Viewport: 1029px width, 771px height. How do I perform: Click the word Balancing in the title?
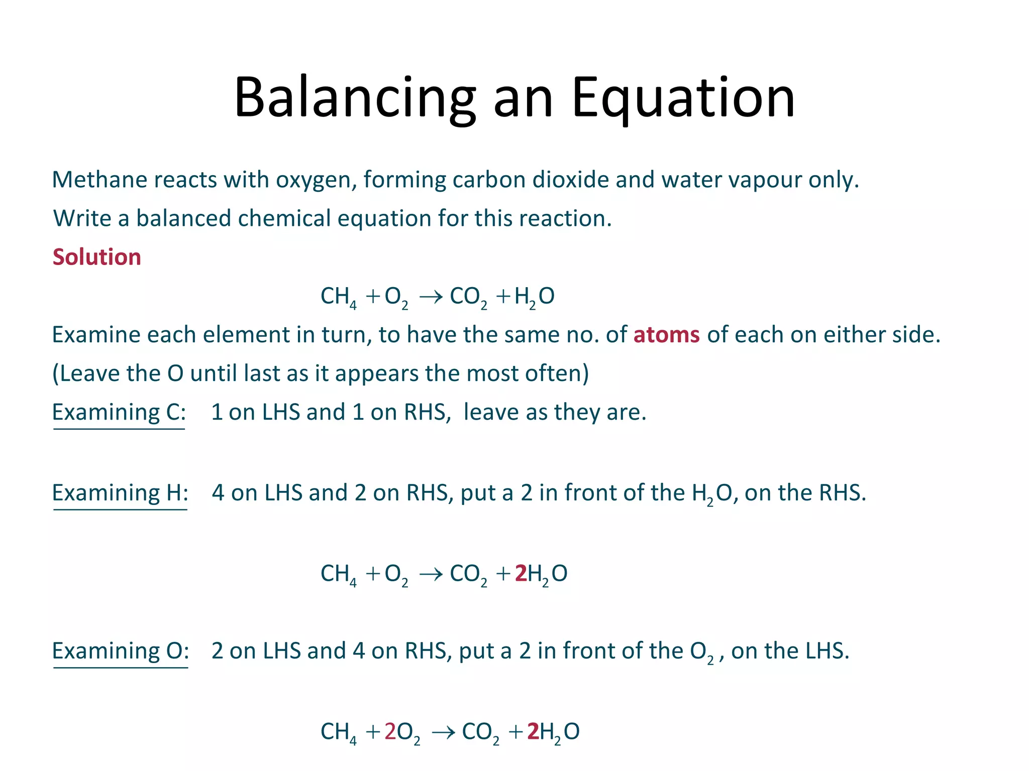click(x=355, y=98)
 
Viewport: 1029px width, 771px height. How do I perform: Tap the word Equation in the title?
click(x=683, y=98)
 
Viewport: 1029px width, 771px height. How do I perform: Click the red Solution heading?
click(x=96, y=257)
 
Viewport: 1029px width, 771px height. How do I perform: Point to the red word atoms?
click(x=666, y=335)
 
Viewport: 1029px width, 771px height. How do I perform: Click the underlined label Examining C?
click(x=119, y=413)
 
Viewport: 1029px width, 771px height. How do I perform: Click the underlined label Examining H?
click(x=120, y=493)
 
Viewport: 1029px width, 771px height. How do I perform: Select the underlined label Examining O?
click(x=121, y=651)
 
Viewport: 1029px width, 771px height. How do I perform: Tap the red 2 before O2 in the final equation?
click(x=390, y=732)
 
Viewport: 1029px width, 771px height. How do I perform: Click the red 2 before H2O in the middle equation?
click(x=521, y=573)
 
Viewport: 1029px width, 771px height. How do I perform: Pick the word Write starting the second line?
click(x=81, y=219)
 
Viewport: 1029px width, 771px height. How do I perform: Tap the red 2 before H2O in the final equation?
click(x=533, y=732)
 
